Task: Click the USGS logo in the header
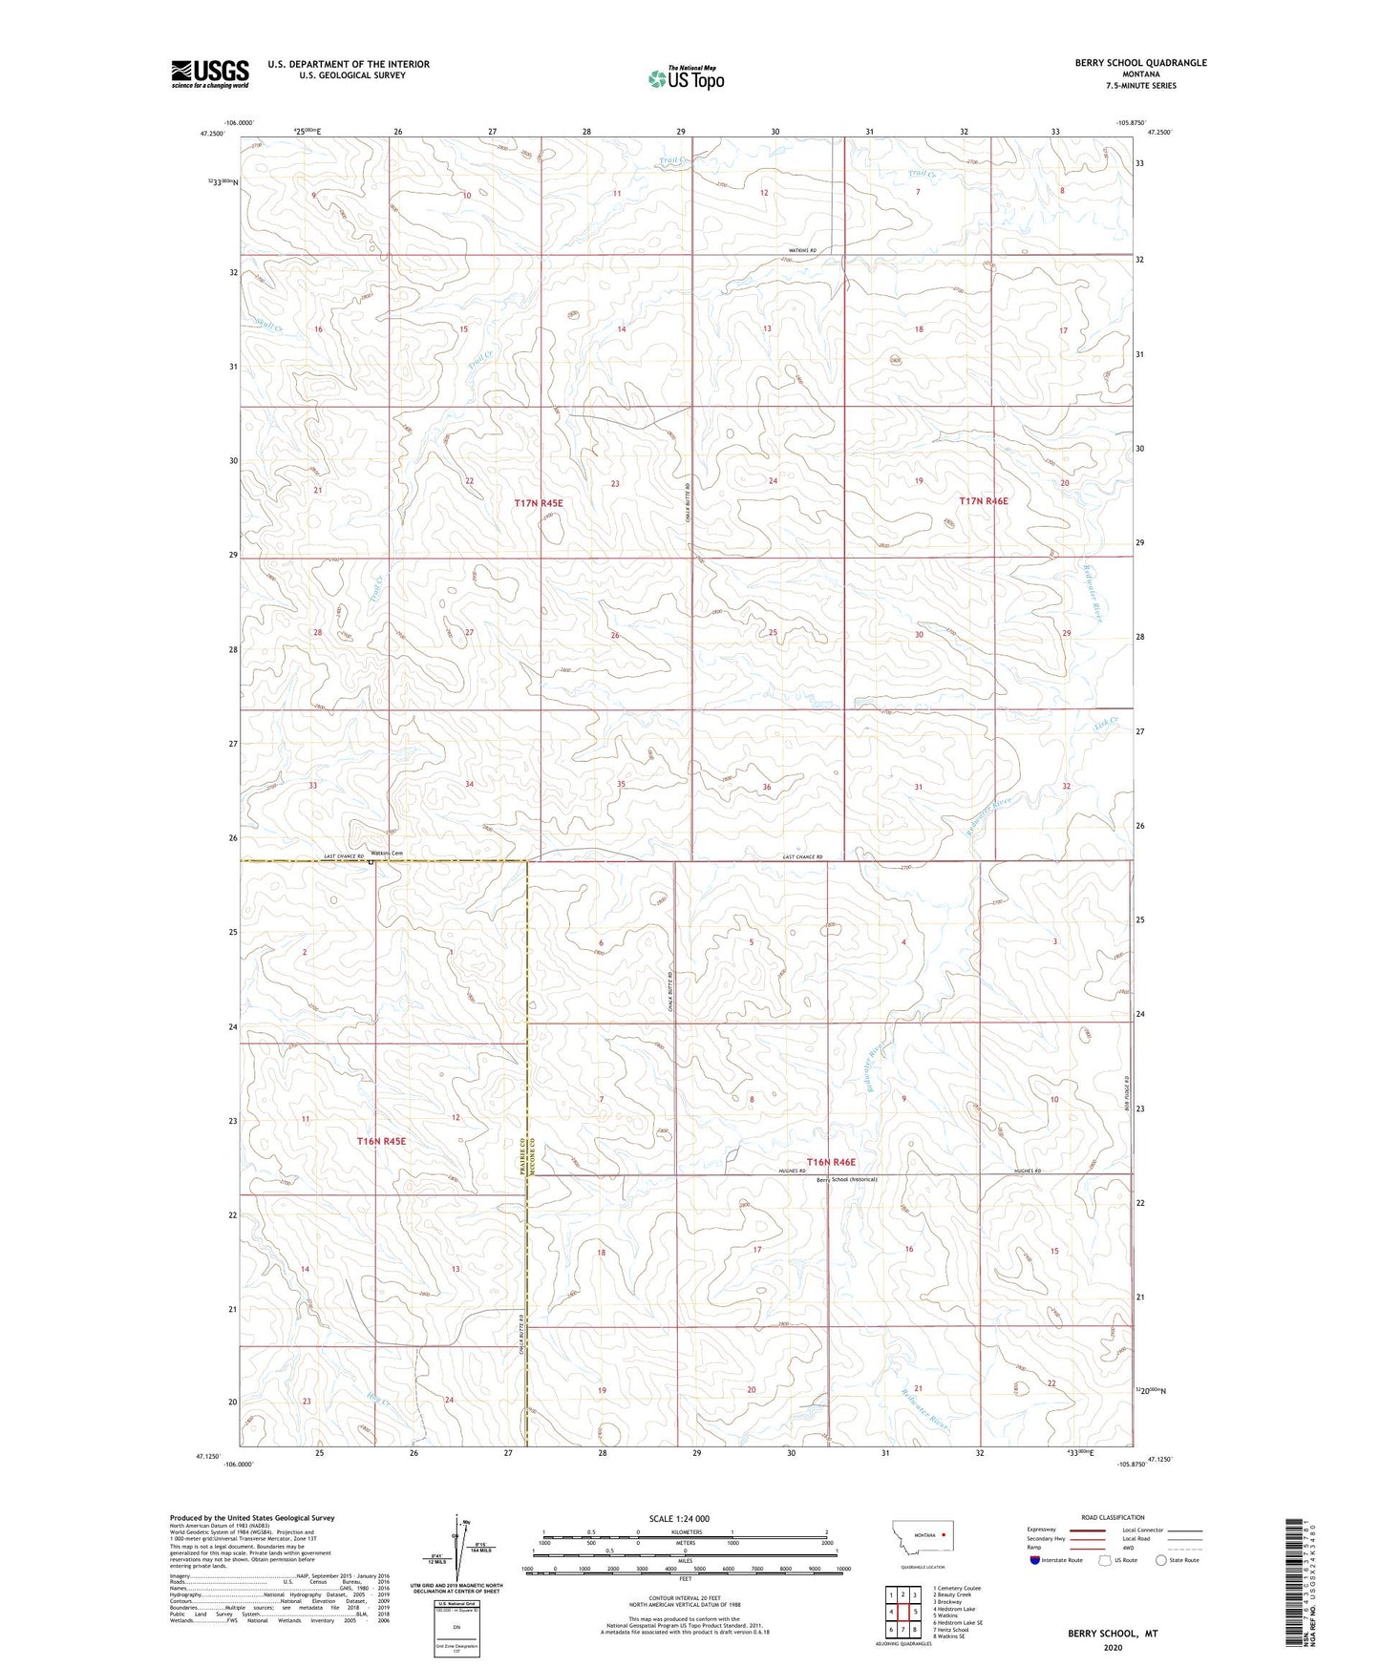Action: point(210,74)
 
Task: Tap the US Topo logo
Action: point(686,78)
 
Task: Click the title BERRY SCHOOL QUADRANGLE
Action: point(1140,63)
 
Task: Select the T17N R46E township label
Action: point(984,500)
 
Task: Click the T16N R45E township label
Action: point(382,1141)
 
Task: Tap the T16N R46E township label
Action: point(831,1162)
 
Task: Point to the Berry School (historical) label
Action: point(846,1179)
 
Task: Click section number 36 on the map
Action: point(766,787)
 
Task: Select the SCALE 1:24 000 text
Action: point(679,1518)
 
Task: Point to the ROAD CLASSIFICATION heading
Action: point(1112,1517)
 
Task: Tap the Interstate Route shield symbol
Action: point(1035,1560)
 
